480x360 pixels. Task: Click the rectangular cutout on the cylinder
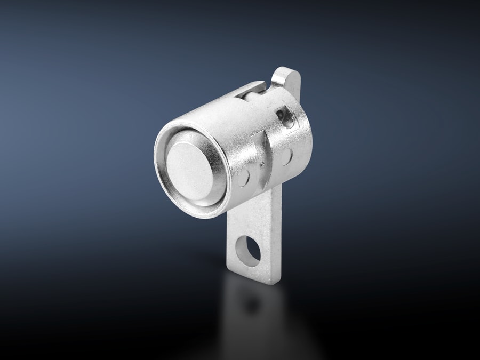click(285, 117)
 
